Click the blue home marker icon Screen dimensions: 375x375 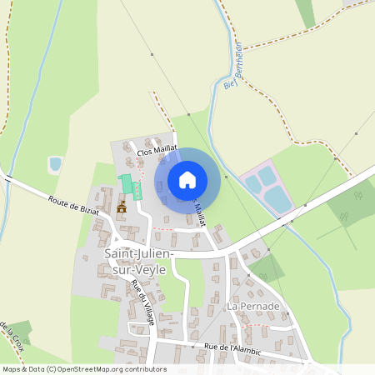[187, 179]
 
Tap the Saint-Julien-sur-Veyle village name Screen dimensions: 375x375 [136, 259]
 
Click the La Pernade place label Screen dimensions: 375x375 [252, 307]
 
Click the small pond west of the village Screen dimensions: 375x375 [55, 164]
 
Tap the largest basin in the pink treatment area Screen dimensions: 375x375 [278, 199]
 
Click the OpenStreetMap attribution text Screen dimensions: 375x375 [83, 369]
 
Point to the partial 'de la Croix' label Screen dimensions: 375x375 [10, 338]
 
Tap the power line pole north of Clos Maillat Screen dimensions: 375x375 [152, 55]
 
